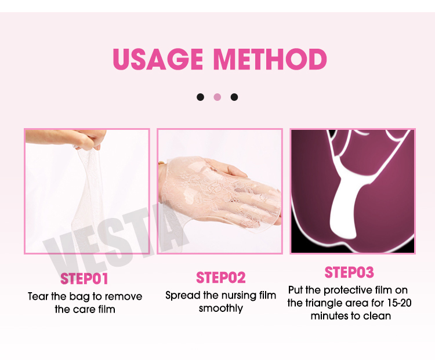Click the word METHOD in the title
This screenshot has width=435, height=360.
coord(270,60)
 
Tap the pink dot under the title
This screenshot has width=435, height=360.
coord(217,97)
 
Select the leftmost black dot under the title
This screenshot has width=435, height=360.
coord(200,97)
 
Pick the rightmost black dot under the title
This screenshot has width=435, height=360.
coord(234,97)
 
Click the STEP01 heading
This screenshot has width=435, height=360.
coord(85,279)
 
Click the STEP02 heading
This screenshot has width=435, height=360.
coord(221,277)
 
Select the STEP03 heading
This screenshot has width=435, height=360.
coord(349,272)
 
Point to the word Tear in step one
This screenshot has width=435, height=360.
coord(39,296)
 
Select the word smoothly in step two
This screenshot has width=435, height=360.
coord(220,308)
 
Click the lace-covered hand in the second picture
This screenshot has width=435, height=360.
coord(232,186)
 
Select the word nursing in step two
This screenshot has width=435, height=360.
coord(238,295)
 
